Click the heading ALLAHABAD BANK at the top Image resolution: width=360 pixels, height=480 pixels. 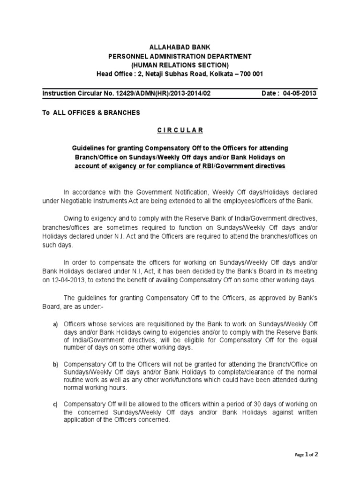pos(180,47)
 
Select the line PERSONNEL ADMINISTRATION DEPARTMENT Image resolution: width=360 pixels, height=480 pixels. pos(180,56)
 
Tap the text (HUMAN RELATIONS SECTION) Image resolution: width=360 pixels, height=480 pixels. pos(180,65)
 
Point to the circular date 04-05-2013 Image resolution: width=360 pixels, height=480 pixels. pos(300,93)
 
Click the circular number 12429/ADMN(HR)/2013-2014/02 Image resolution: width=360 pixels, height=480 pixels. pos(154,93)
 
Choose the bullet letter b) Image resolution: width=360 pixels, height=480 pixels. pos(55,363)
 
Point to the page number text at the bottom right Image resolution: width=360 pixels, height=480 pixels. pos(306,454)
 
